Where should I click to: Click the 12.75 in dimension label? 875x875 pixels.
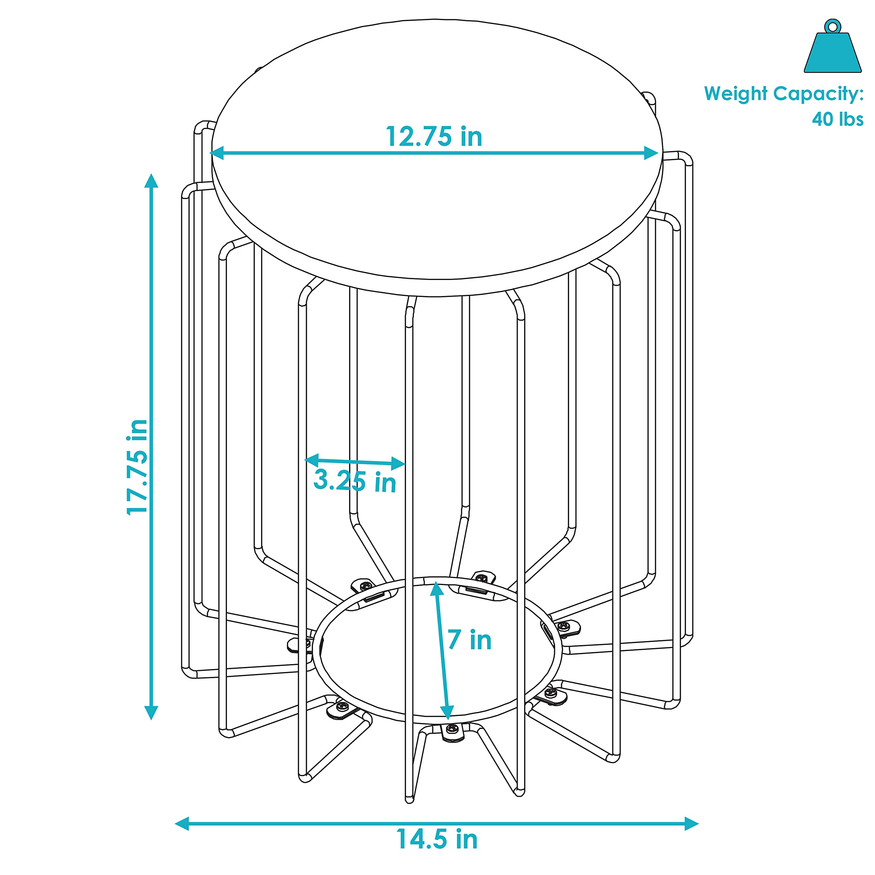tap(434, 136)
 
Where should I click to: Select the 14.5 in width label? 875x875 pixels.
tap(437, 839)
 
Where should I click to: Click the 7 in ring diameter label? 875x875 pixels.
tap(470, 640)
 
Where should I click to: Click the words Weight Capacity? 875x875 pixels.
tap(783, 94)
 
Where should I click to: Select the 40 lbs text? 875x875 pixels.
tap(837, 119)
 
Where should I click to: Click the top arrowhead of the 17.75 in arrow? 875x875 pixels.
tap(151, 180)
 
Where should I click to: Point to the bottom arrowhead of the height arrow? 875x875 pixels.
tap(151, 713)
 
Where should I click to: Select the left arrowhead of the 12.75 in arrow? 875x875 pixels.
tap(217, 153)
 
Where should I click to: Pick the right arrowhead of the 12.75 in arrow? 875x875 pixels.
tap(651, 153)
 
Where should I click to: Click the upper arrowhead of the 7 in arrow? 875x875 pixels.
tap(436, 589)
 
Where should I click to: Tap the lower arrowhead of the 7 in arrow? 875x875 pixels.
tap(447, 713)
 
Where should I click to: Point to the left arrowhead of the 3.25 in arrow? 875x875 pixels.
tap(312, 460)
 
